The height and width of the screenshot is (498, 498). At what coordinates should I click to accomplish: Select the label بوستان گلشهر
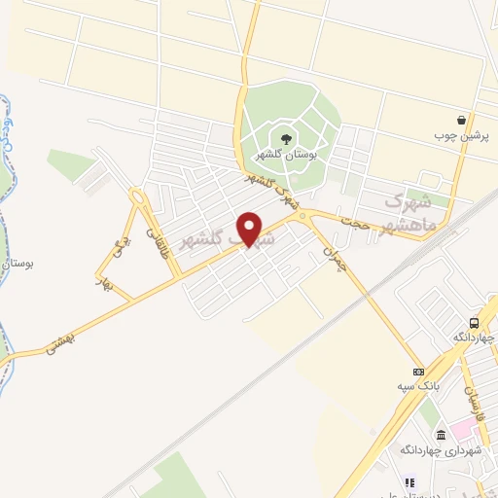coord(282,155)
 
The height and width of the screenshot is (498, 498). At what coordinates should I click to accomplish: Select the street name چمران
coord(334,256)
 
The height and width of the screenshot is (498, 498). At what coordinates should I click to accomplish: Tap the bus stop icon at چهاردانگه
coord(474,323)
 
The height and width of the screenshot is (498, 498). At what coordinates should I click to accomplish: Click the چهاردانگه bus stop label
coord(474,338)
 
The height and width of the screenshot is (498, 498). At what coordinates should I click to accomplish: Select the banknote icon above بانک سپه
coord(418,371)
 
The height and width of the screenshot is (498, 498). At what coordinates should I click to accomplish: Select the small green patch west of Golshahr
coord(72,162)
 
